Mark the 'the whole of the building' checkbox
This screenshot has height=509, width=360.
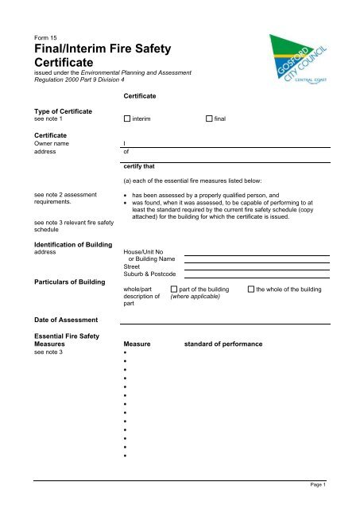(251, 289)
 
